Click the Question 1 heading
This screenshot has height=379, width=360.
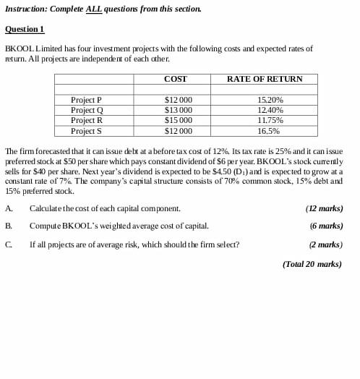(25, 29)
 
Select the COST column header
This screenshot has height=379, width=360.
(175, 79)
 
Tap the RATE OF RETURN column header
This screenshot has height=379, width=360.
(265, 79)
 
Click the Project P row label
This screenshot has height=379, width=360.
(86, 100)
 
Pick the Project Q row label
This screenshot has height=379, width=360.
(87, 110)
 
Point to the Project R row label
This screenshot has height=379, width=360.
(86, 120)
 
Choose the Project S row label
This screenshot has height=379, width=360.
(86, 131)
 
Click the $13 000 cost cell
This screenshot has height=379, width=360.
(179, 110)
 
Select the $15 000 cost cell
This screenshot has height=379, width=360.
(179, 120)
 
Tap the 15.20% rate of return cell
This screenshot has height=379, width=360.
(270, 100)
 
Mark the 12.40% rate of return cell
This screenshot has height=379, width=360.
(270, 110)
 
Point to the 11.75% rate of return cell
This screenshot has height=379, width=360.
(270, 120)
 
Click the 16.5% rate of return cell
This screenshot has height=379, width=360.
(268, 131)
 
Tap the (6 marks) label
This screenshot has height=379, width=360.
(326, 226)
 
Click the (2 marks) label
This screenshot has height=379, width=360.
(326, 244)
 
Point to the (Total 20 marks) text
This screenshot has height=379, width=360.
(312, 265)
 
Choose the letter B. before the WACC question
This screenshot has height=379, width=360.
(8, 226)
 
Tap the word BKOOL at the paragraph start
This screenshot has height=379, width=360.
(17, 48)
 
